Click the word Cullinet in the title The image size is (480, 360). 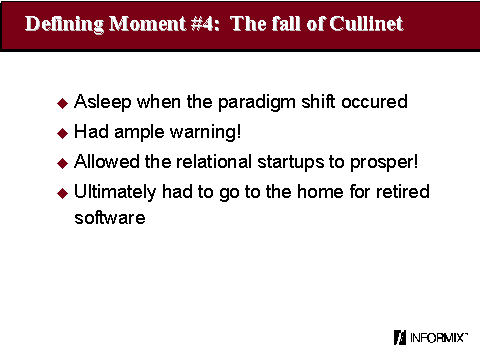tap(366, 24)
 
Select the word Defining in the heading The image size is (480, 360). tap(64, 24)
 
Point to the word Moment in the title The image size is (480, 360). tap(147, 24)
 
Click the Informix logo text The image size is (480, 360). tap(437, 338)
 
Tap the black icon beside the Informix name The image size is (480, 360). tap(400, 337)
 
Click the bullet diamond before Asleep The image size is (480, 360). tap(62, 103)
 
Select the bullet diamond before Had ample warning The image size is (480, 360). tap(62, 133)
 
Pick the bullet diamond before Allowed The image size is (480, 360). tap(62, 163)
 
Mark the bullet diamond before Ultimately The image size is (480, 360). tap(62, 193)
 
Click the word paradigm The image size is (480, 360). tap(257, 102)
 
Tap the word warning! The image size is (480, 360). tap(205, 132)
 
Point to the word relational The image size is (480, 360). tap(214, 162)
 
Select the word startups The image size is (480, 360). tap(290, 162)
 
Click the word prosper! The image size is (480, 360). tap(384, 163)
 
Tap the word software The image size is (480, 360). tap(110, 218)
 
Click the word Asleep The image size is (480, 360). tap(102, 102)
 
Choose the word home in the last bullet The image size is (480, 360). tap(320, 192)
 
